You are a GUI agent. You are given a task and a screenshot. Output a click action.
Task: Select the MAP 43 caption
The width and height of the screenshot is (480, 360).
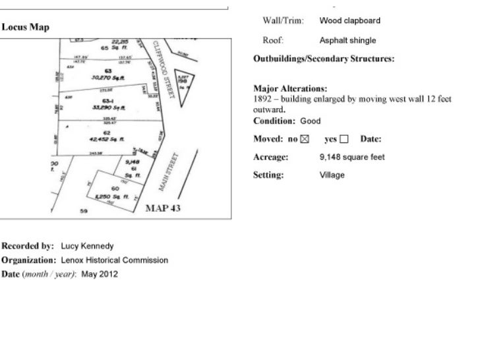[x=163, y=208]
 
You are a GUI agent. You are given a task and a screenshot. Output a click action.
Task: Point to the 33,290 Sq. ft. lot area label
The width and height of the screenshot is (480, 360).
[x=106, y=107]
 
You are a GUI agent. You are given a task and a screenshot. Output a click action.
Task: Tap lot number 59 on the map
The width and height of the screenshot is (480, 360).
[x=84, y=212]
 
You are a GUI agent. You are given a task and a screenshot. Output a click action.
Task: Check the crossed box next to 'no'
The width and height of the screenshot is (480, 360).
[x=304, y=139]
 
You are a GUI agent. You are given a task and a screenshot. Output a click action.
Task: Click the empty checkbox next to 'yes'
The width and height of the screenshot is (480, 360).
[x=344, y=139]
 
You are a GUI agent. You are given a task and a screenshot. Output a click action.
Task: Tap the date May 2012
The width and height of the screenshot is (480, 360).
[x=100, y=274]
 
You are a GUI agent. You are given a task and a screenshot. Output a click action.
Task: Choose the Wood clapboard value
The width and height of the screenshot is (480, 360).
[x=349, y=20]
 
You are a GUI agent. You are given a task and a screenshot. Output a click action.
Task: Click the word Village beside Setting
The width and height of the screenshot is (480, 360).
[x=332, y=175]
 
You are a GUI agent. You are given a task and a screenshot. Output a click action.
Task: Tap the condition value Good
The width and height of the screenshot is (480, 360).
[x=311, y=121]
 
